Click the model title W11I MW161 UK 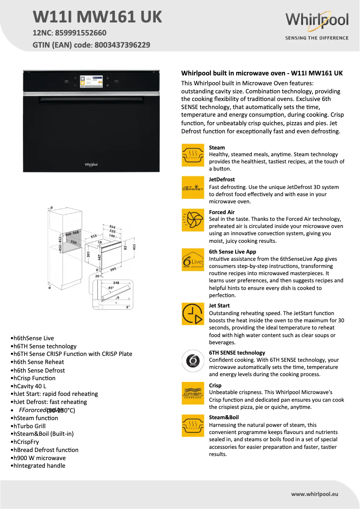97,17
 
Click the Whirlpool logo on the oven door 91,165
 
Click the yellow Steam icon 193,155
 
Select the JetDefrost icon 193,187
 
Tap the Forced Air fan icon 193,220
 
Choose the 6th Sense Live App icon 193,260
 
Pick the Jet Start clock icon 193,314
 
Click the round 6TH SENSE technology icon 193,360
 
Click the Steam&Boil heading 224,417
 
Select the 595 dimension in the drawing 113,269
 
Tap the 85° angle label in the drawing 111,288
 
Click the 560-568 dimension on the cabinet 72,233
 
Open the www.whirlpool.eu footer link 314,494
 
